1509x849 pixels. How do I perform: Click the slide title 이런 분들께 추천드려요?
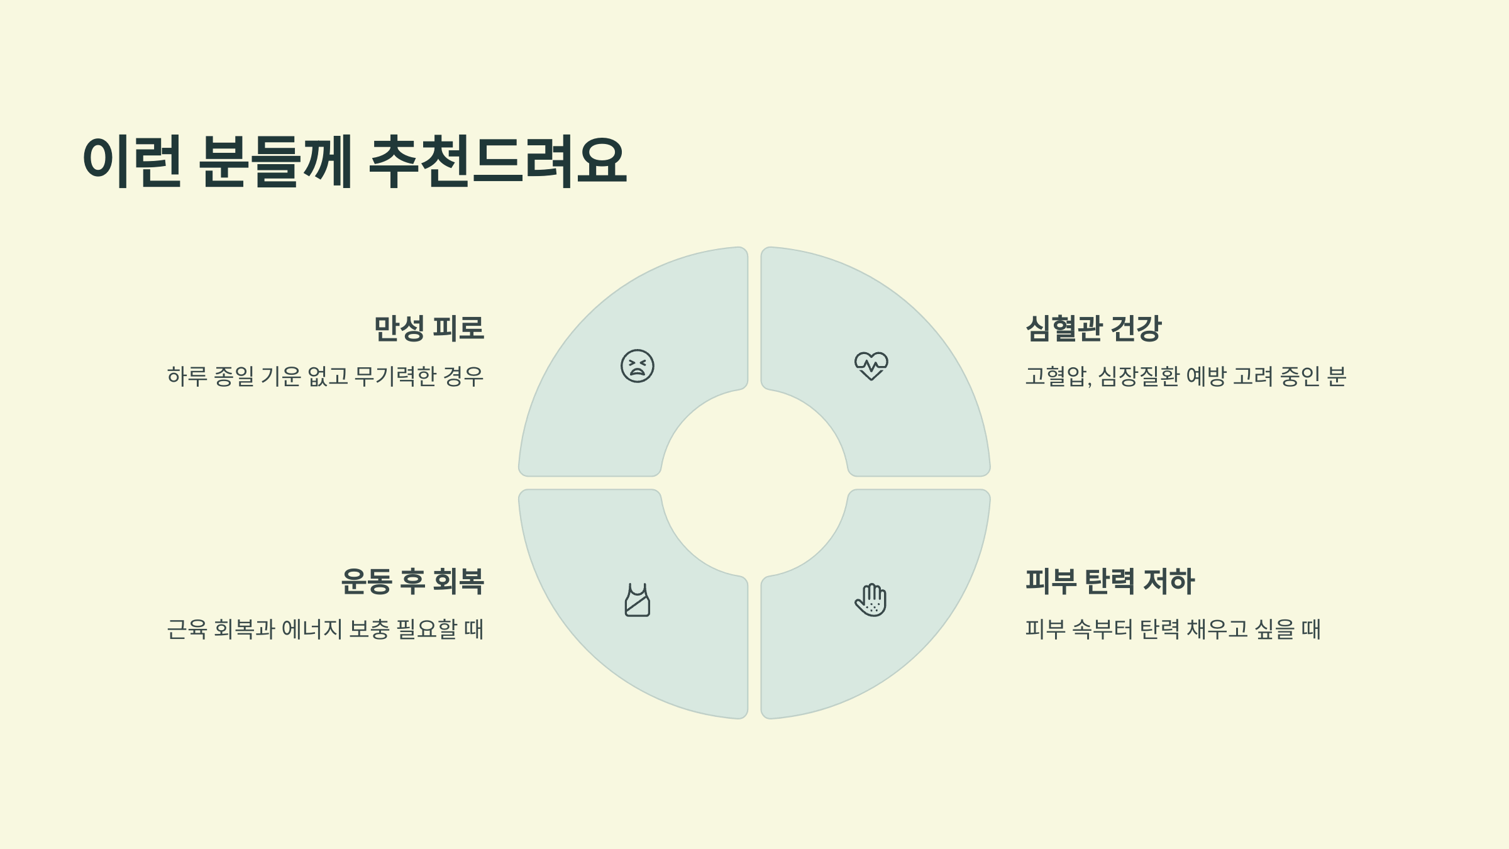(355, 161)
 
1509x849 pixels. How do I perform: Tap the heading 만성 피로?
(429, 328)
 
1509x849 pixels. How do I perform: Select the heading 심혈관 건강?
(1093, 328)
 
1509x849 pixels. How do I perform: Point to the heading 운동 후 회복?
(412, 581)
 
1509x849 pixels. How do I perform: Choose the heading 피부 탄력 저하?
(1110, 581)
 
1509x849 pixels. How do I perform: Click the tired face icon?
(638, 366)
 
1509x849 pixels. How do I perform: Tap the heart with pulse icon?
(871, 365)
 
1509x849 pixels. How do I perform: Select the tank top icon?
(638, 600)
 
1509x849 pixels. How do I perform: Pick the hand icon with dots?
(871, 600)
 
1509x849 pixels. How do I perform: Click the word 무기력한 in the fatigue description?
(395, 376)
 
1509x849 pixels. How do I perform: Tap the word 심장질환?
(1138, 376)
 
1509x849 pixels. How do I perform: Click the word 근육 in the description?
(187, 629)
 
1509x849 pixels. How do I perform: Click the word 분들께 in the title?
(276, 161)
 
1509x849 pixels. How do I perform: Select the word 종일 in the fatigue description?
(234, 376)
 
